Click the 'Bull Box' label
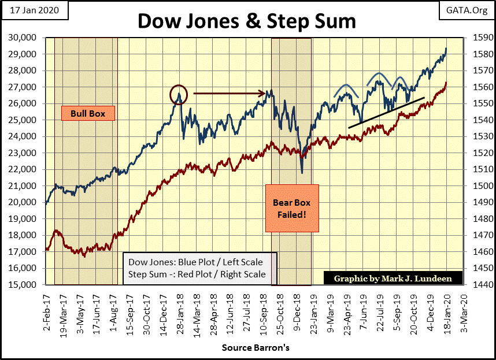[x=87, y=113]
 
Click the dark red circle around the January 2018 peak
[x=179, y=94]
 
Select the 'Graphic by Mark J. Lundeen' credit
[x=393, y=279]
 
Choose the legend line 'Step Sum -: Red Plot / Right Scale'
[x=197, y=274]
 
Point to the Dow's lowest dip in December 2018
[x=302, y=172]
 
